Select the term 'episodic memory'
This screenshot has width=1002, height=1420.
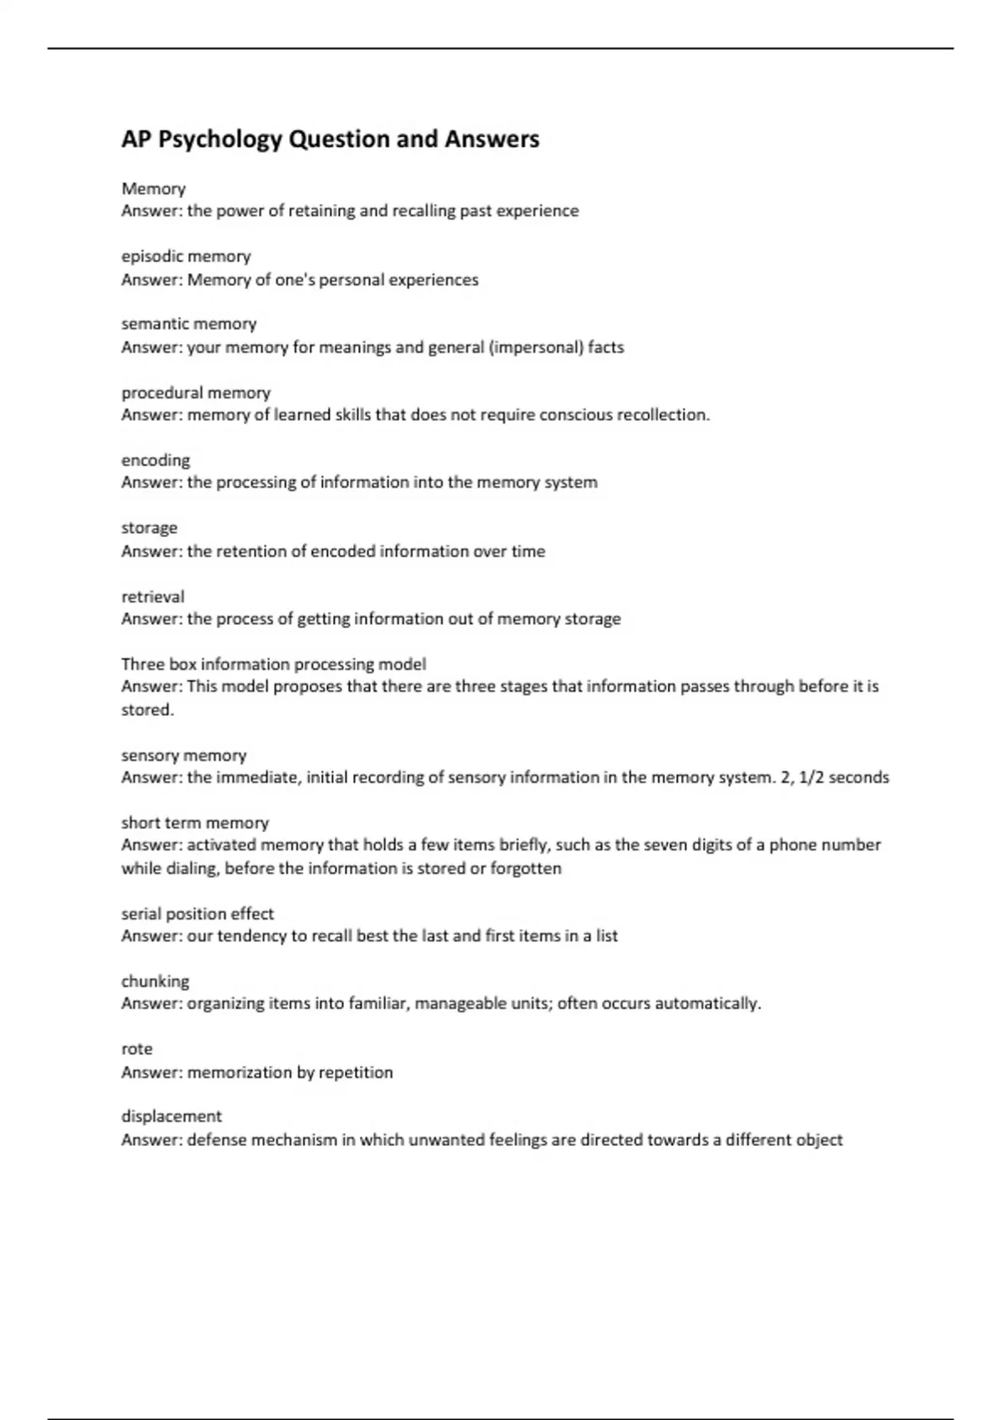[185, 256]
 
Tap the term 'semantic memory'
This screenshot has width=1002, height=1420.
[189, 324]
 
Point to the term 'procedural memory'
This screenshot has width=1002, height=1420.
[195, 393]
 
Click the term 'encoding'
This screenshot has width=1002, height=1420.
[155, 460]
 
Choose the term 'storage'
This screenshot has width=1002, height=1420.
[149, 528]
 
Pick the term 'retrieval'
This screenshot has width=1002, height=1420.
[152, 596]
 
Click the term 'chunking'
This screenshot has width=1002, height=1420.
[155, 981]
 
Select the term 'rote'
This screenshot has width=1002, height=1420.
[137, 1049]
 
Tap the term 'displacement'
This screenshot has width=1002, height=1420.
[171, 1117]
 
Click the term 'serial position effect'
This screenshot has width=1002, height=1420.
[197, 914]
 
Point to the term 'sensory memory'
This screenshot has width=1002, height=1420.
[184, 756]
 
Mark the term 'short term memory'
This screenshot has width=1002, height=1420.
[195, 823]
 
